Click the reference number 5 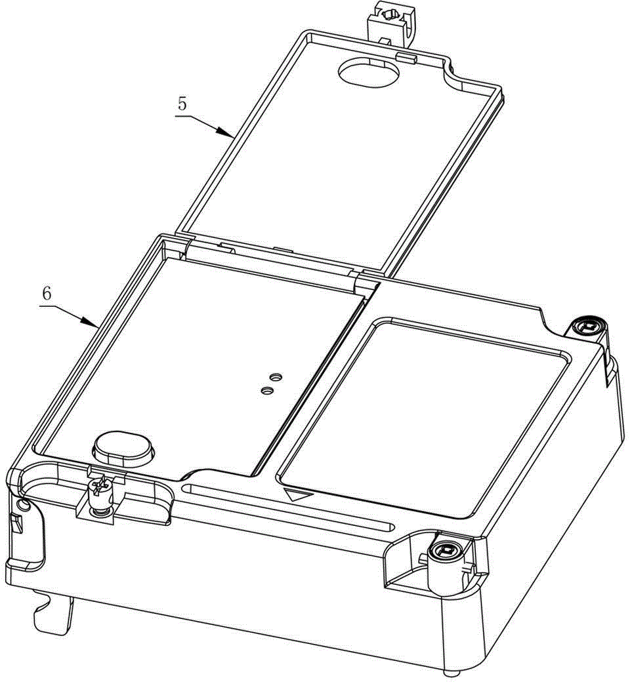tap(182, 104)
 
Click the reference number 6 tap(47, 294)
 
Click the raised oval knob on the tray tap(123, 448)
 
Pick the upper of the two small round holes tap(275, 376)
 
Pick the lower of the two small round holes tap(267, 391)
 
